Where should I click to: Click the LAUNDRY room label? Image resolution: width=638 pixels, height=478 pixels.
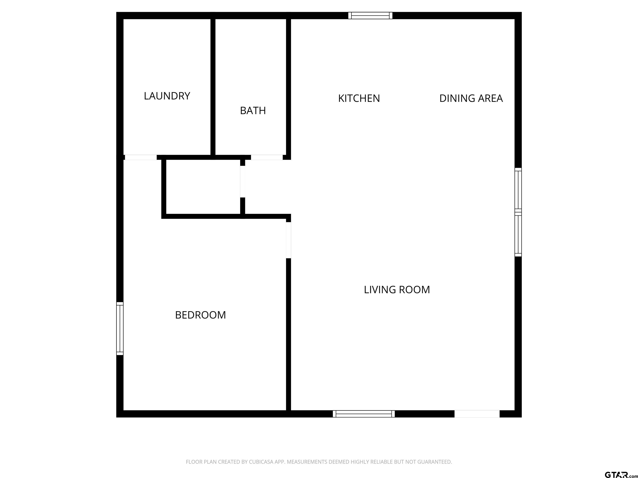point(167,96)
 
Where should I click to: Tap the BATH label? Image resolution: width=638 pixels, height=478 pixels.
point(253,111)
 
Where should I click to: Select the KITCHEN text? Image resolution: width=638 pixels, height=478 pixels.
point(359,99)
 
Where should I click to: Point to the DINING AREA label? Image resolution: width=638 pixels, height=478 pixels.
point(471,99)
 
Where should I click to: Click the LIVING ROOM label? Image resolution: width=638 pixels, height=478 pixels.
point(397,290)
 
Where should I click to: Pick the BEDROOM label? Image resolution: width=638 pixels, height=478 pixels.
point(200,315)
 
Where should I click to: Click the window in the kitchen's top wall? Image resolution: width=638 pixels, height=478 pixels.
point(370,16)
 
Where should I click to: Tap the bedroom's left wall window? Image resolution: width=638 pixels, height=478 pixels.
point(120,328)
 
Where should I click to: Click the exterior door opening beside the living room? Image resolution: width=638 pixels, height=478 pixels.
point(477,414)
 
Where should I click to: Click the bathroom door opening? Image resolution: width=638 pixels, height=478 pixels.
point(267,157)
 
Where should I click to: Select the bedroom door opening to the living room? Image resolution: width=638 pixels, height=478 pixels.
point(288,240)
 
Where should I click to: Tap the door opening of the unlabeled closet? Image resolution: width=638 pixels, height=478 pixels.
point(243,182)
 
